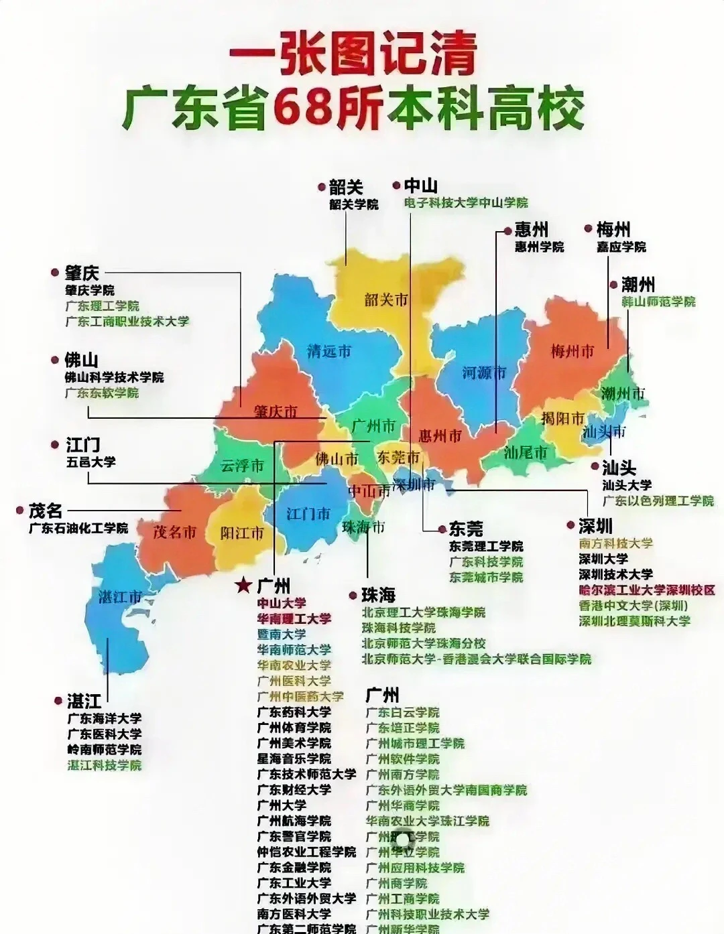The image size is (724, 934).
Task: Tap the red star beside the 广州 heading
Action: pyautogui.click(x=243, y=586)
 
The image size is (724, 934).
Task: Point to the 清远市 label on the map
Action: pyautogui.click(x=328, y=350)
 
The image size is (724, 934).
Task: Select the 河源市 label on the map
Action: pyautogui.click(x=484, y=373)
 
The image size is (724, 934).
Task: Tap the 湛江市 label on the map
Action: pyautogui.click(x=121, y=596)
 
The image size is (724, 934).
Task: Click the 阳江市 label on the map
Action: pyautogui.click(x=242, y=533)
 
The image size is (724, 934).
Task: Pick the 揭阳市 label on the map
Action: pyautogui.click(x=563, y=419)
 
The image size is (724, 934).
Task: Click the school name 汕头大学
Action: pyautogui.click(x=626, y=485)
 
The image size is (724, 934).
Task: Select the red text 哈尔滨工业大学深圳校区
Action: pyautogui.click(x=647, y=590)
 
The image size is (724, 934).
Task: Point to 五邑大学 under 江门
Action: pyautogui.click(x=90, y=462)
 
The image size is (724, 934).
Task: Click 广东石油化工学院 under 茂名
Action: pyautogui.click(x=78, y=528)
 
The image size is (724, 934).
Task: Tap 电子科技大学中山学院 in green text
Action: pyautogui.click(x=465, y=202)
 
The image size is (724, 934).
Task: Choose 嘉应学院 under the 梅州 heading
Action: pyautogui.click(x=621, y=247)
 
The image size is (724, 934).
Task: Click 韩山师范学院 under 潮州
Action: pyautogui.click(x=648, y=302)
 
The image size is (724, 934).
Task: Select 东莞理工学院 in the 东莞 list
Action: pyautogui.click(x=486, y=546)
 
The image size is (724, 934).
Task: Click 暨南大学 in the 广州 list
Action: pyautogui.click(x=282, y=634)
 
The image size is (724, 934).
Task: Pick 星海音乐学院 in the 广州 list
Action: pyautogui.click(x=294, y=758)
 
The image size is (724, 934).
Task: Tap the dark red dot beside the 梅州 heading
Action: pyautogui.click(x=588, y=228)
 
